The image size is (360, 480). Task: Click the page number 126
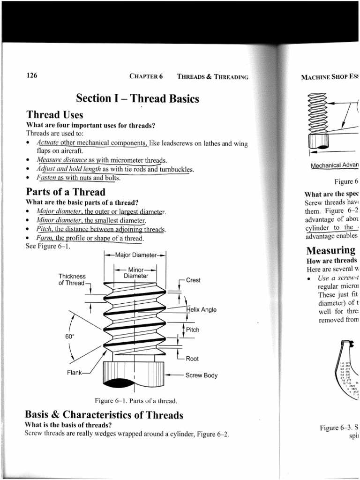[32, 76]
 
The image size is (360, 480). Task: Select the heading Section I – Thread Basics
[137, 99]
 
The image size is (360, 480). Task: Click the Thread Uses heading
[55, 115]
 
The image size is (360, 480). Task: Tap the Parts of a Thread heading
[66, 192]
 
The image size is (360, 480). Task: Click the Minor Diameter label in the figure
[135, 273]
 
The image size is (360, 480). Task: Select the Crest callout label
[193, 280]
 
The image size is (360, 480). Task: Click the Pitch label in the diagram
[193, 330]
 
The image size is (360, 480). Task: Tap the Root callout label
[192, 359]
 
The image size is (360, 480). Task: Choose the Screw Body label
[201, 375]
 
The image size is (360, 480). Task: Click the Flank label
[75, 373]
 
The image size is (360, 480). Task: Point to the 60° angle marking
[70, 336]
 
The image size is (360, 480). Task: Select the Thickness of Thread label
[72, 279]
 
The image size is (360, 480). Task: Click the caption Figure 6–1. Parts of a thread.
[136, 401]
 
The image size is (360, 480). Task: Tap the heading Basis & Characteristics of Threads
[104, 415]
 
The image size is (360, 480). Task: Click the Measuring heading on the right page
[330, 251]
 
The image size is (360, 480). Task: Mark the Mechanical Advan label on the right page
[334, 165]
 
